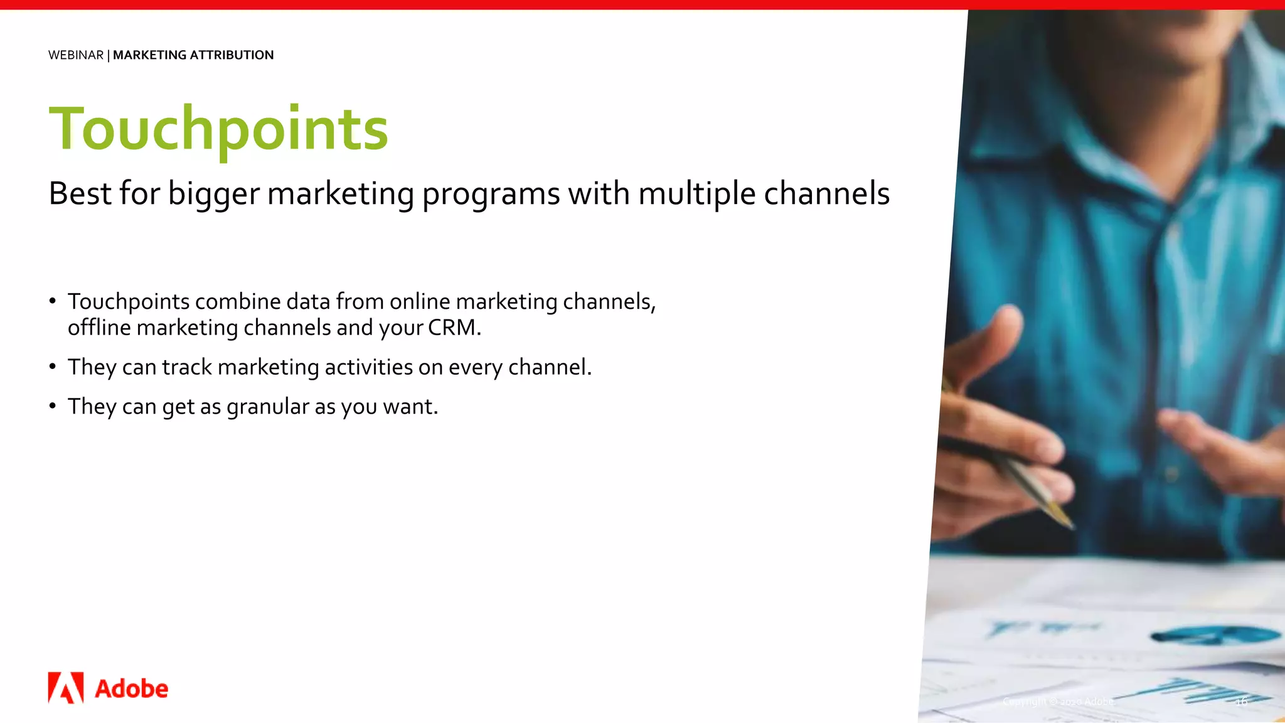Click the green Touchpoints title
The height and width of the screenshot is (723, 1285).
pyautogui.click(x=218, y=129)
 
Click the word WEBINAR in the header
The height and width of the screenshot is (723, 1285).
pyautogui.click(x=76, y=55)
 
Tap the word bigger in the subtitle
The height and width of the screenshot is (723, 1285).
pyautogui.click(x=213, y=194)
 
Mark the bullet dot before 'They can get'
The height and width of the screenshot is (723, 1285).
pyautogui.click(x=53, y=406)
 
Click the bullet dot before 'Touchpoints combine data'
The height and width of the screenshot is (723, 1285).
pyautogui.click(x=53, y=301)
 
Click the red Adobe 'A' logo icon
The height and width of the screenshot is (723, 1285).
pyautogui.click(x=66, y=688)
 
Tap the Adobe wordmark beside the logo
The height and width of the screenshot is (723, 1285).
pyautogui.click(x=131, y=689)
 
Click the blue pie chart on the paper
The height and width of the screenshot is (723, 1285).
pyautogui.click(x=1215, y=635)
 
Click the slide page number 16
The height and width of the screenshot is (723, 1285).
pyautogui.click(x=1240, y=702)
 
